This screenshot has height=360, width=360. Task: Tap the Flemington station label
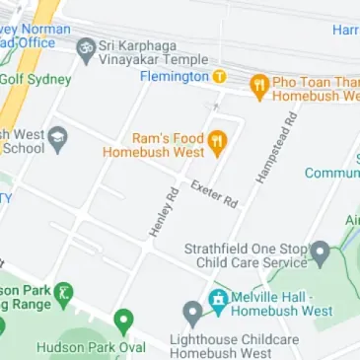point(174,76)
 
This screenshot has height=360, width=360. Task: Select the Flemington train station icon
point(219,76)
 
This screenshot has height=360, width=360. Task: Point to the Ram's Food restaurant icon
point(218,144)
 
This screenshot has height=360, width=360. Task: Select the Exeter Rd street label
point(214,193)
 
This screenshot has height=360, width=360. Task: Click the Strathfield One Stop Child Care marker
point(320,252)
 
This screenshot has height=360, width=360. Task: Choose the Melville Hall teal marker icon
point(217,297)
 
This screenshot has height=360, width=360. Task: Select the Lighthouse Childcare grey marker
point(193,314)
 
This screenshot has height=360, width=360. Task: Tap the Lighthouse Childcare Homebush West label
point(235,346)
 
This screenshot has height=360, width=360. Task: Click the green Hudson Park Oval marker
point(123,321)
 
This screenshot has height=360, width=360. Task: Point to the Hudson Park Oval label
point(91,347)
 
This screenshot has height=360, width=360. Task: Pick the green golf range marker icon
point(64,293)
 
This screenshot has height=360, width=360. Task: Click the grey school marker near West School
point(58,137)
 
